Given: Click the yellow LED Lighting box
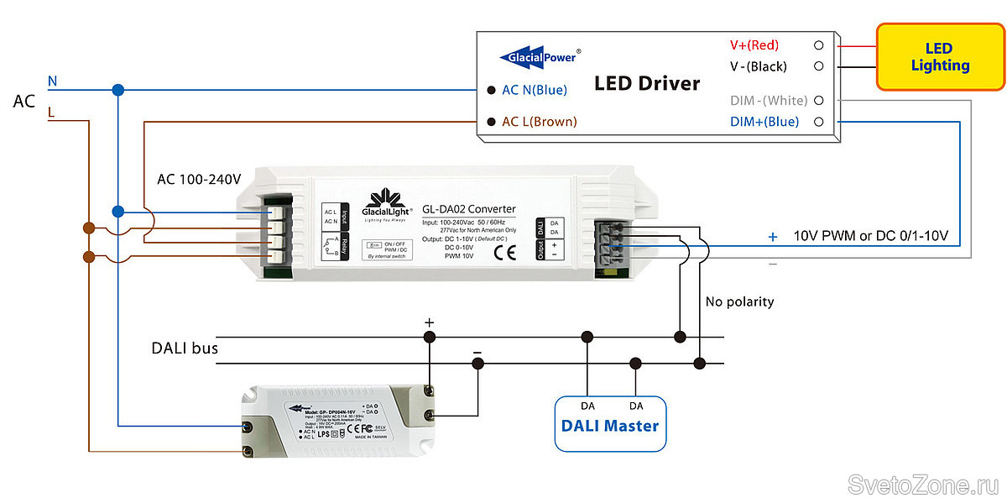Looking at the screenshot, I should [x=940, y=57].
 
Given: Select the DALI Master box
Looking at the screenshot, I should [x=609, y=424].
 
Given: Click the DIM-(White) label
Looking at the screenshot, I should [x=769, y=101].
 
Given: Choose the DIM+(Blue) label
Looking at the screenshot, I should [x=764, y=122].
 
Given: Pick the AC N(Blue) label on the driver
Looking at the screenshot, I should [x=535, y=90].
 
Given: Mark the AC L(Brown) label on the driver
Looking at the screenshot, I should [x=539, y=122].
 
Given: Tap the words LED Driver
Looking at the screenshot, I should [x=646, y=83].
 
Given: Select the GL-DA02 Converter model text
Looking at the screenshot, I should [x=469, y=209].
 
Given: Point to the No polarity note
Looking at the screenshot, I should [x=739, y=301].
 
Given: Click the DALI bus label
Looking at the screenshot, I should [x=185, y=348].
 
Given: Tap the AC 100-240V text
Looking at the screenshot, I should [x=199, y=180].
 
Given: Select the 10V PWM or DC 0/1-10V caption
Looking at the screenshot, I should [x=870, y=236].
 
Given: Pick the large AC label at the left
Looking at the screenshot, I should [x=23, y=102].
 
